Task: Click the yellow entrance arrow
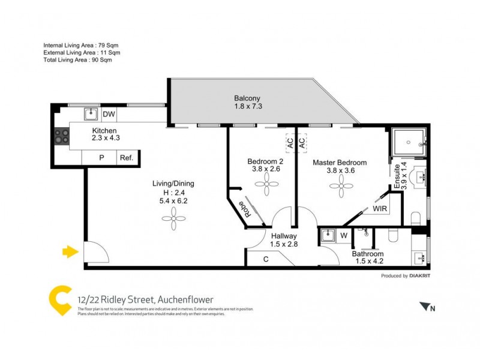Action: coord(70,251)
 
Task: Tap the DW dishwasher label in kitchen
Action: coord(109,114)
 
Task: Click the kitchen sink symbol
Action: coord(91,113)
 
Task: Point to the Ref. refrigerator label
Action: coord(126,158)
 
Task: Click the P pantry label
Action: coord(101,158)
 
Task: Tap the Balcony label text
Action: coord(247,98)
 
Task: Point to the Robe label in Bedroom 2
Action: coord(245,208)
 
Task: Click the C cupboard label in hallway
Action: coord(266,259)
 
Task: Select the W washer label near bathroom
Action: coord(344,235)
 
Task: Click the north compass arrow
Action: coord(427,307)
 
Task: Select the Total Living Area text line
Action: coord(77,60)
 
